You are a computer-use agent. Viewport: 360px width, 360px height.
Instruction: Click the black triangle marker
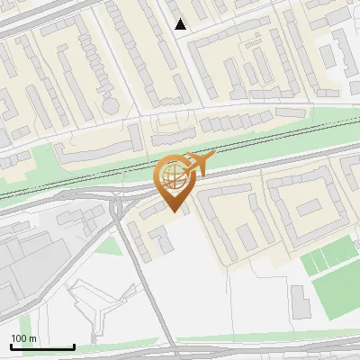point(181,24)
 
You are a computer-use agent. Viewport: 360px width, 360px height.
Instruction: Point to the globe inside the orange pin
point(171,175)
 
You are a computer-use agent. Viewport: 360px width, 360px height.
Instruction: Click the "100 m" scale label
point(24,338)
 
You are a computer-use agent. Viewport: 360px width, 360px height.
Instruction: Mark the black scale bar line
point(42,347)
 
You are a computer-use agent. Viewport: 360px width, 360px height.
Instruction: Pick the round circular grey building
point(111,104)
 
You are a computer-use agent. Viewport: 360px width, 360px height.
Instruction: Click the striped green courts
point(324,260)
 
